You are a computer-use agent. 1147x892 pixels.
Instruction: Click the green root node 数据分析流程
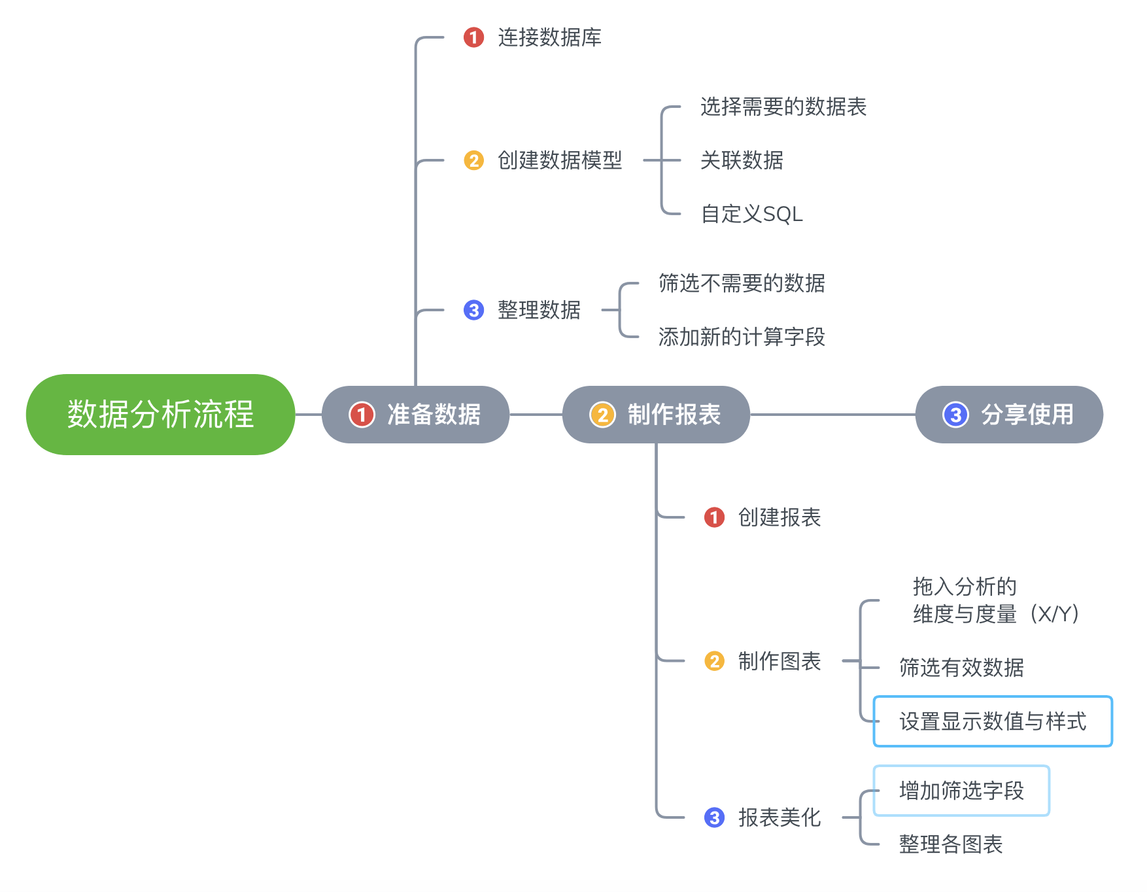[160, 414]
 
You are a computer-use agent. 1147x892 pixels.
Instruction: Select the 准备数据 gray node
[415, 414]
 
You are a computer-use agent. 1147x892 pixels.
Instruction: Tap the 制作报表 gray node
[656, 414]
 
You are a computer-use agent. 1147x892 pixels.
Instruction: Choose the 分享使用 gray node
[1009, 414]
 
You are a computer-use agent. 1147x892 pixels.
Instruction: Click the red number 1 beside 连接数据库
[473, 37]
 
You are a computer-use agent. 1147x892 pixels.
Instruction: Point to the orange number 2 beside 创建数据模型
[473, 160]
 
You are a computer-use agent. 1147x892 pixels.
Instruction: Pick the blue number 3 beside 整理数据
[473, 310]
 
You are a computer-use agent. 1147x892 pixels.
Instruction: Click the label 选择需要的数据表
[783, 107]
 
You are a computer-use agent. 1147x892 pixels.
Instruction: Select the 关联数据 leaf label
[742, 160]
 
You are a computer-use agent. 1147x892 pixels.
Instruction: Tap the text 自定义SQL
[751, 214]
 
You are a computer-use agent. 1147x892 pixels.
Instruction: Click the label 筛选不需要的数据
[742, 283]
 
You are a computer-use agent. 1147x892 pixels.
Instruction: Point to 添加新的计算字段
[742, 337]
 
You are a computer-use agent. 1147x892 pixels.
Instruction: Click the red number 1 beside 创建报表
[714, 517]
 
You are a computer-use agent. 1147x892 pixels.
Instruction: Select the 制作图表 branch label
[779, 661]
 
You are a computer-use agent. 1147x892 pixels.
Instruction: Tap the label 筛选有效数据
[961, 668]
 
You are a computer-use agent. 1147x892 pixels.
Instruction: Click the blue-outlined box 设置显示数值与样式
[993, 721]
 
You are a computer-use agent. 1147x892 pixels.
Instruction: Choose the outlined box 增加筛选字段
[961, 791]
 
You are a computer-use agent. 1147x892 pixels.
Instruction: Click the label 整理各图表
[951, 844]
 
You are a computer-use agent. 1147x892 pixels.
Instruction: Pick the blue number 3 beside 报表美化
[714, 817]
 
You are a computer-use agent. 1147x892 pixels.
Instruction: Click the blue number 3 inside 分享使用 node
[955, 414]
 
